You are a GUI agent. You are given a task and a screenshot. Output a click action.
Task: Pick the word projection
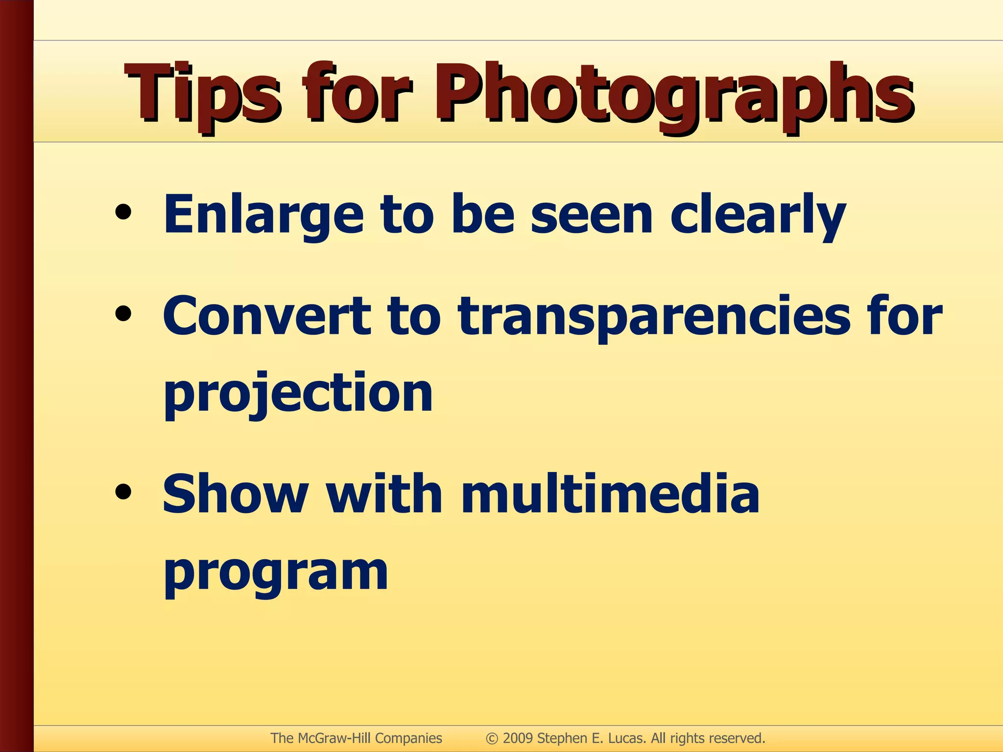click(298, 394)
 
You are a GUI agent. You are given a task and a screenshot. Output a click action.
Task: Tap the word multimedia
click(610, 494)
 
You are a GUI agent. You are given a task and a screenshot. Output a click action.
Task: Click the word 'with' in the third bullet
click(384, 494)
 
